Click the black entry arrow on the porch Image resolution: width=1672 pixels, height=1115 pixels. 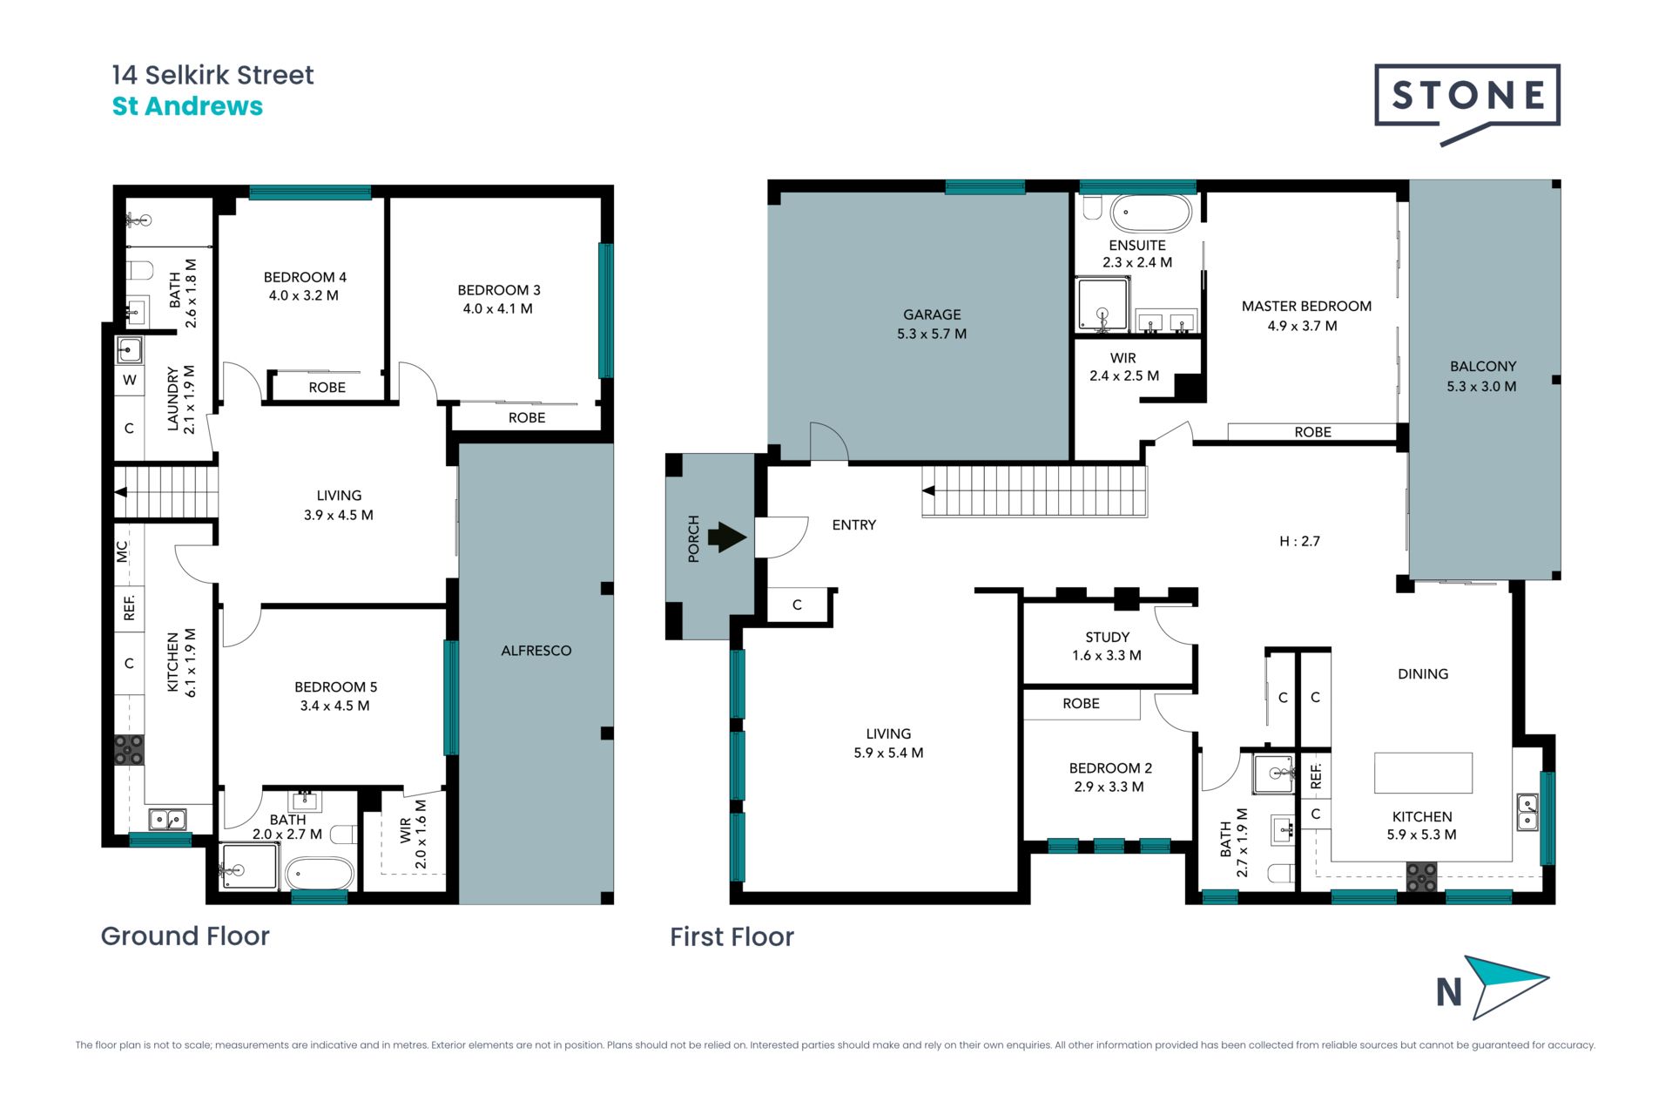point(727,537)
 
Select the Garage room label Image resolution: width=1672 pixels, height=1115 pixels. point(932,324)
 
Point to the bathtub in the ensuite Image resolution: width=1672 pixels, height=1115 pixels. point(1150,213)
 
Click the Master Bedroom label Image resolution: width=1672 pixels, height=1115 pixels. point(1306,316)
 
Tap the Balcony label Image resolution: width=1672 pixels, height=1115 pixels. point(1482,376)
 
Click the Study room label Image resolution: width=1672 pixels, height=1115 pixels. point(1107,646)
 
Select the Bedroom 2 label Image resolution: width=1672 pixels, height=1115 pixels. point(1110,777)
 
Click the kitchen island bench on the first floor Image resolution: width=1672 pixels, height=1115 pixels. point(1423,773)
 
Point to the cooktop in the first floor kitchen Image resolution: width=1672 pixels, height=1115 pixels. point(1422,876)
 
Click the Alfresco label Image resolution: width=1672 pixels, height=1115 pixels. point(536,651)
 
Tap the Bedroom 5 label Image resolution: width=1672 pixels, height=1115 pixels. point(335,696)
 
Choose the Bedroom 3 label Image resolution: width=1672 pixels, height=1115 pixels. point(499,299)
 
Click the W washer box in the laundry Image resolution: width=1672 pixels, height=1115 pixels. point(130,380)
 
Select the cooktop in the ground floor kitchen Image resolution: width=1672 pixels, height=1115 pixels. point(130,750)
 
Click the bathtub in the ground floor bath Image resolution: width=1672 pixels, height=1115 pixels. point(320,873)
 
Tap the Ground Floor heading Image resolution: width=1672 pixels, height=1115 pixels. point(185,936)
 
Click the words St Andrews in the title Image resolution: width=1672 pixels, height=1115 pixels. point(187,106)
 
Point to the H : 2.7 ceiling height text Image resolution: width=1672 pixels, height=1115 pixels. point(1299,541)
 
